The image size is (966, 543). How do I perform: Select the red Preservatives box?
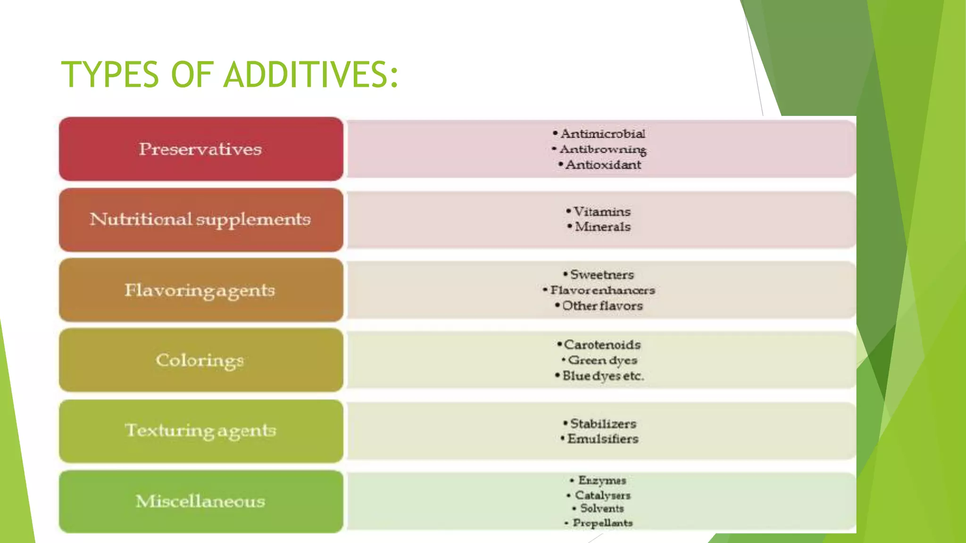tap(201, 149)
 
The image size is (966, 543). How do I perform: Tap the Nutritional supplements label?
tap(201, 220)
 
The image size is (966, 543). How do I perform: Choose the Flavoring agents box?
tap(201, 290)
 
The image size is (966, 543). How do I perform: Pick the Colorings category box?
tap(201, 360)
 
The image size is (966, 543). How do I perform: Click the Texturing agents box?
tap(201, 430)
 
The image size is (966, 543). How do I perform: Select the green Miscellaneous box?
tap(201, 501)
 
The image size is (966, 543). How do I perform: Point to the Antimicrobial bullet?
tap(602, 134)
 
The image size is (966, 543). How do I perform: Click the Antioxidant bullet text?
tap(603, 165)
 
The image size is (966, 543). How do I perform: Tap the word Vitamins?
tap(602, 212)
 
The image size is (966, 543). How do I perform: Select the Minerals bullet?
tap(602, 227)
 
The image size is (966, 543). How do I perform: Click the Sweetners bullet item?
tap(602, 274)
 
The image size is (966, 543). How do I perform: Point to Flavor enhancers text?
tap(602, 290)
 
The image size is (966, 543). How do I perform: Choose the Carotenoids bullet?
tap(602, 345)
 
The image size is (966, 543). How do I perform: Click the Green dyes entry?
tap(602, 360)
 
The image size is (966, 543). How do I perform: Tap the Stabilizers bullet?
tap(603, 423)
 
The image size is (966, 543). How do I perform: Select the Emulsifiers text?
tap(603, 439)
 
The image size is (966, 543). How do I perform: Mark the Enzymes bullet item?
tap(602, 480)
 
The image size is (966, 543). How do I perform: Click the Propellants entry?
tap(602, 523)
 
